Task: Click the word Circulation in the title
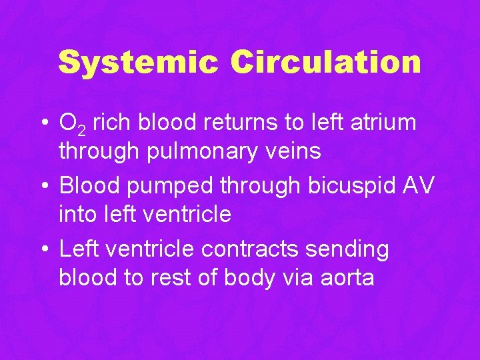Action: (x=326, y=63)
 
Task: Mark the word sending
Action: (x=350, y=250)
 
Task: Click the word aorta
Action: (x=347, y=278)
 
